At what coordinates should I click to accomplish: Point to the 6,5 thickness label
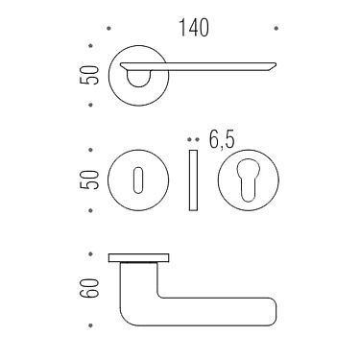[221, 140]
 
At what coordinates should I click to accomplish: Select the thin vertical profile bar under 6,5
[192, 180]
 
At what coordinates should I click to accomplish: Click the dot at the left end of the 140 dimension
[107, 29]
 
